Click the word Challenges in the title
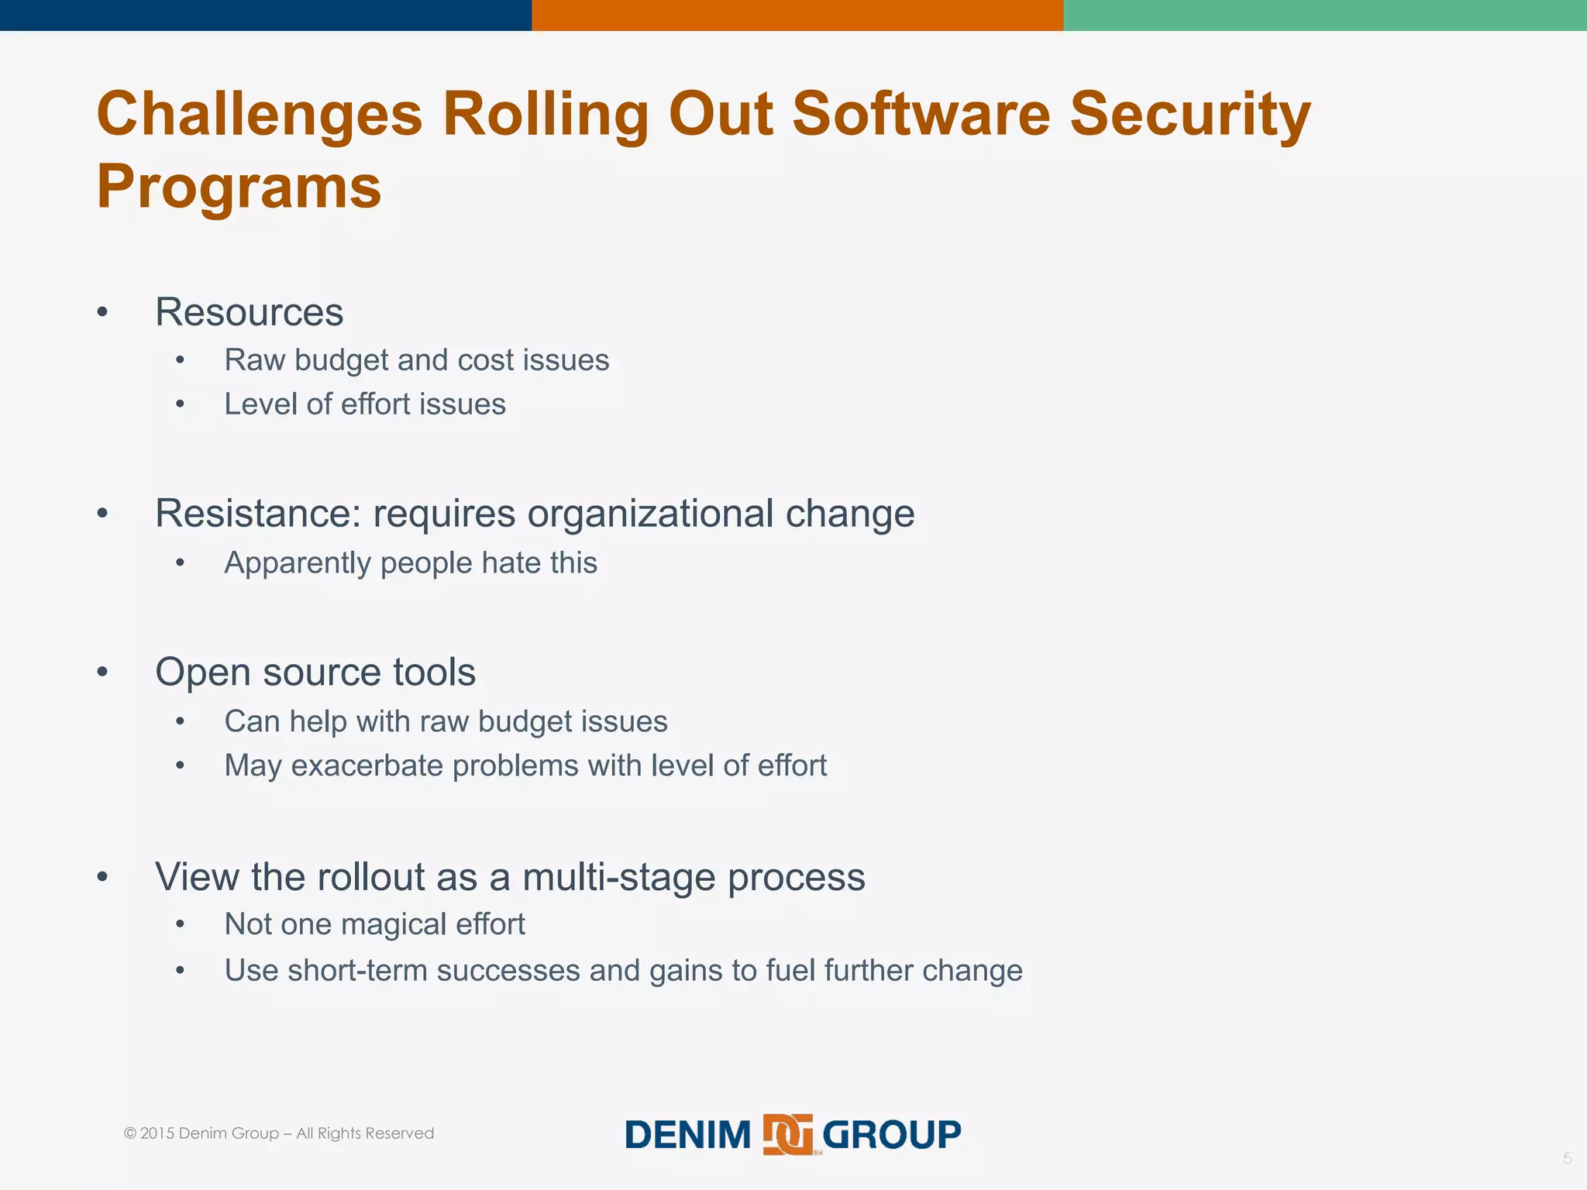[260, 115]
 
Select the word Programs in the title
[239, 187]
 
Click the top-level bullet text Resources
[249, 312]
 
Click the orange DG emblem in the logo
[788, 1135]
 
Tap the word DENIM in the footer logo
[688, 1135]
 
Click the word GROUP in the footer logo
[891, 1135]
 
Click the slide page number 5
[1567, 1159]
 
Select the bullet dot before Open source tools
[102, 672]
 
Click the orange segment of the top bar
[797, 15]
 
